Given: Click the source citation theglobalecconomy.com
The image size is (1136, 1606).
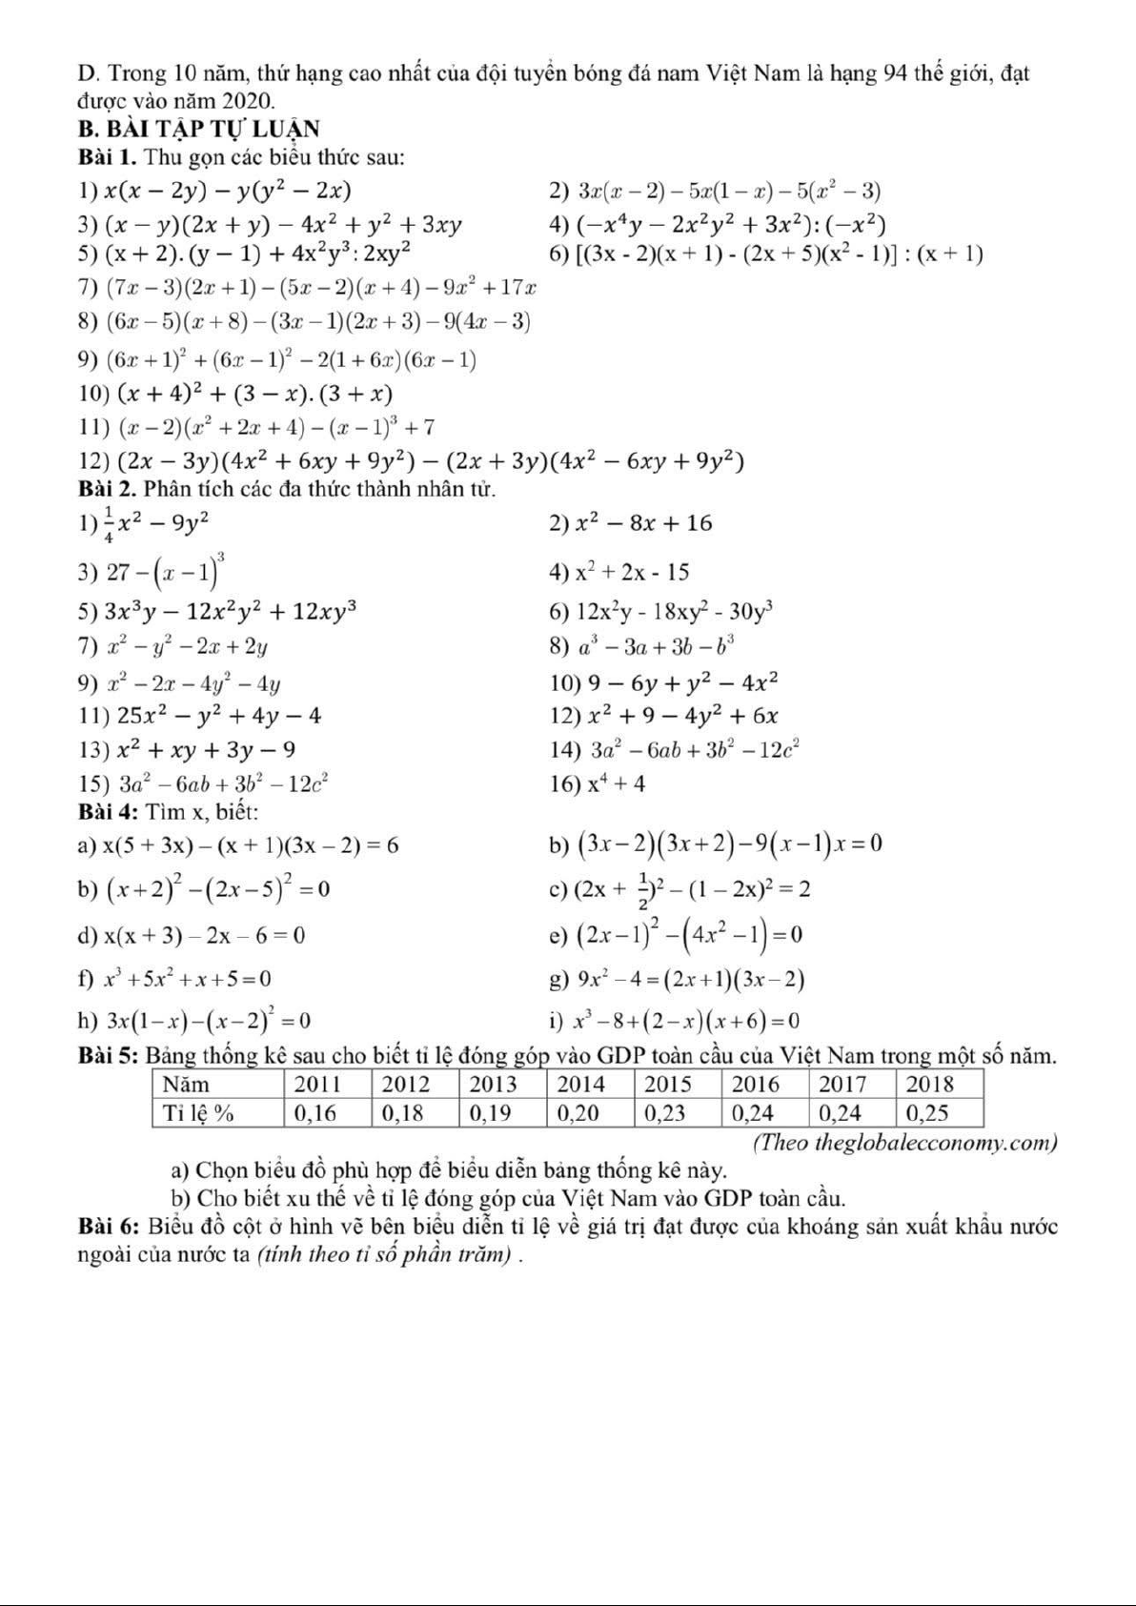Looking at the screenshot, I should click(905, 1142).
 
